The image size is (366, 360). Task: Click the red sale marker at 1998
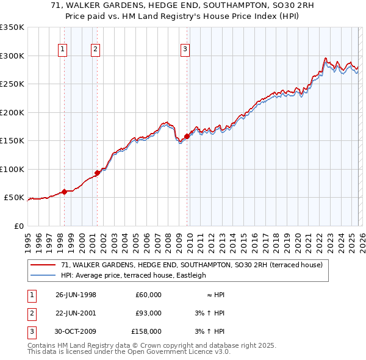(x=64, y=192)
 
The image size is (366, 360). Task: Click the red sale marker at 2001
(x=96, y=173)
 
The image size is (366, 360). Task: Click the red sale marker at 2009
(x=187, y=137)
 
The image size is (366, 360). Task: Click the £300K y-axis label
(x=13, y=56)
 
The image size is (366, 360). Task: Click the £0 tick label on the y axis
(x=19, y=226)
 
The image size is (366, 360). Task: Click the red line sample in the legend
(x=43, y=265)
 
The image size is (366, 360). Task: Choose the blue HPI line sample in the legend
(x=43, y=275)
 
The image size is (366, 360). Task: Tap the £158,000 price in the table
(x=146, y=331)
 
